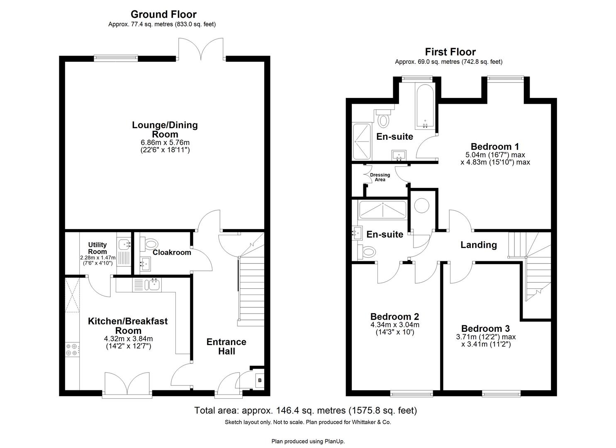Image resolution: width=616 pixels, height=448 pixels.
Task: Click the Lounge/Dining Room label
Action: (165, 129)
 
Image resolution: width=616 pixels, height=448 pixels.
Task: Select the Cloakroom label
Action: (172, 252)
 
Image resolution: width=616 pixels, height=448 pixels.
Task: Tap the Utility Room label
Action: (97, 248)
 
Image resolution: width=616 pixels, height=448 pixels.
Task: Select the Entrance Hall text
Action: (226, 346)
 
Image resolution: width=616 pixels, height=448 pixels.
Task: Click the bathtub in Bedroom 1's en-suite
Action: (425, 106)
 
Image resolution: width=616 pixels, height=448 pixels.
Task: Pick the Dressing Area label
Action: (380, 177)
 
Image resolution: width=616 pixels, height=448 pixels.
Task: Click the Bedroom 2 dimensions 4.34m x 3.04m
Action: (395, 325)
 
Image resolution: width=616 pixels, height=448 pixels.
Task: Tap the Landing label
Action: (479, 245)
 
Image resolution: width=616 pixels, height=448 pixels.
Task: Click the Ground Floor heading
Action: (163, 15)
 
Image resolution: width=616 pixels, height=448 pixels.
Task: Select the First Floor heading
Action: (450, 52)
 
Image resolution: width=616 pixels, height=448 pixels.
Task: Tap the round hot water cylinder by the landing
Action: (422, 206)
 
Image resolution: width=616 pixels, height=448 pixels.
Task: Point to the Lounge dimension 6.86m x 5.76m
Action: (165, 143)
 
